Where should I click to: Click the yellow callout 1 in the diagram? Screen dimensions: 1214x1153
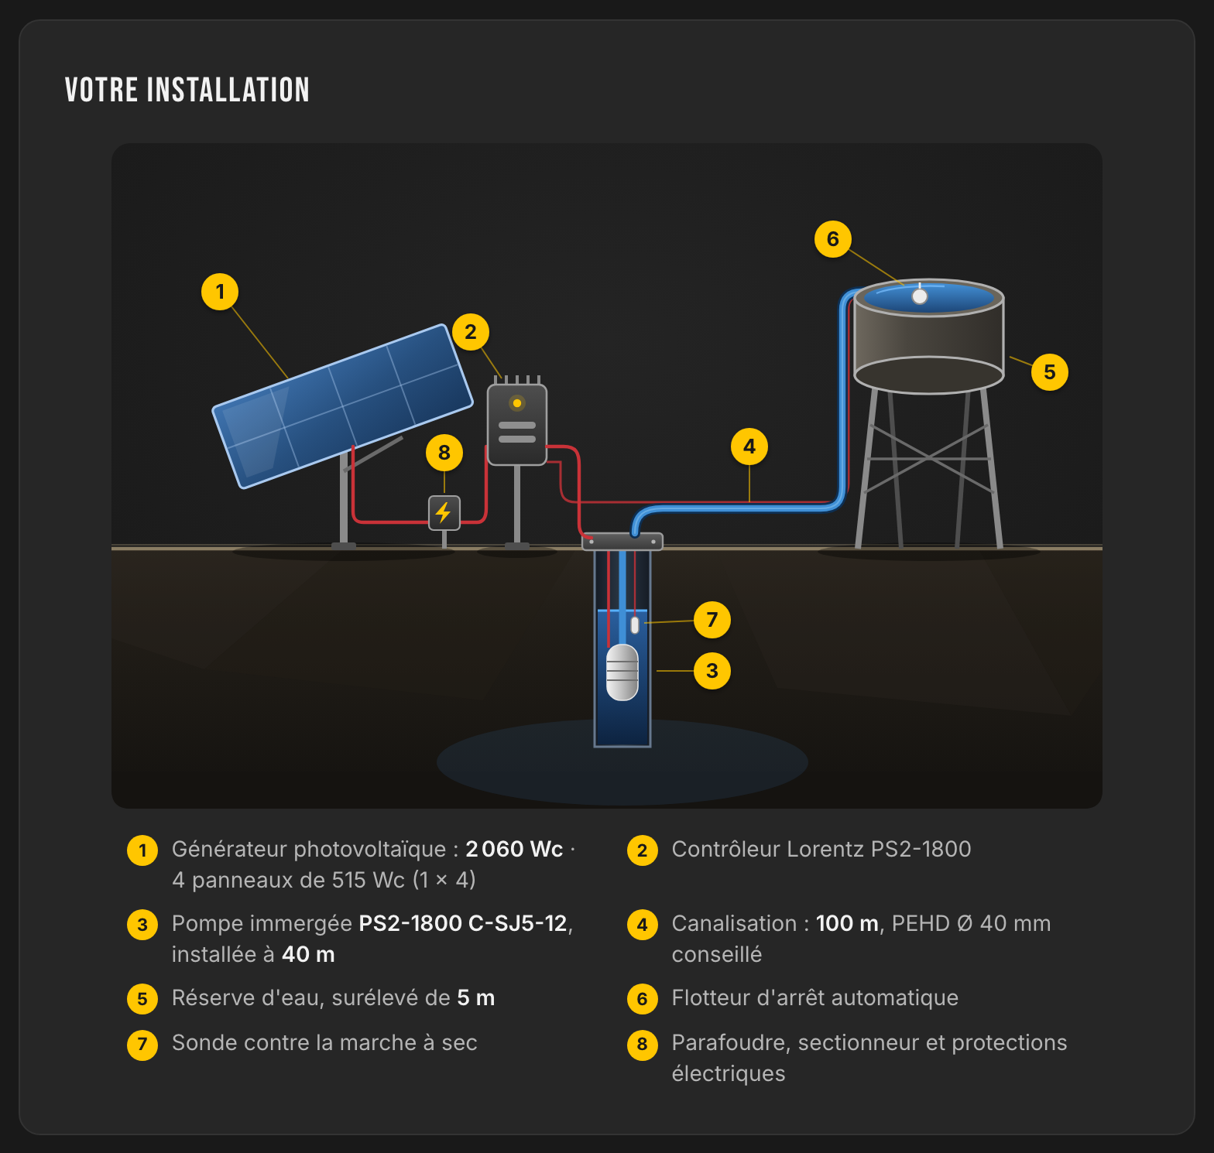(220, 292)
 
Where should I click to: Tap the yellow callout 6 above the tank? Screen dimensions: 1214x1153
(833, 239)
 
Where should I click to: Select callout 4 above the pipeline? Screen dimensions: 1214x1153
(749, 446)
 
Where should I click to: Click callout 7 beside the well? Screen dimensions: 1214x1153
(712, 620)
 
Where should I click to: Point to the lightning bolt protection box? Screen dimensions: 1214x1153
(444, 512)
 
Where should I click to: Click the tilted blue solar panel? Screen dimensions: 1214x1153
(342, 406)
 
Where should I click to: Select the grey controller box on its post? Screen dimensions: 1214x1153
(517, 425)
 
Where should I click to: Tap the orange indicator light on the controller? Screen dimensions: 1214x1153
(517, 403)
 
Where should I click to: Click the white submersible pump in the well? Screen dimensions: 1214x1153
(622, 672)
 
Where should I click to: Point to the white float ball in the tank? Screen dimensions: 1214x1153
(920, 296)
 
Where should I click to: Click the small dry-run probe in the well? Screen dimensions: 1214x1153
(635, 624)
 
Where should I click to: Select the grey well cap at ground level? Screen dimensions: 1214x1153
(622, 542)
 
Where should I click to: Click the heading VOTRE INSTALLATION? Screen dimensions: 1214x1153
(187, 90)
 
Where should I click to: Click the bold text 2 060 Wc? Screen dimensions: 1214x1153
(514, 849)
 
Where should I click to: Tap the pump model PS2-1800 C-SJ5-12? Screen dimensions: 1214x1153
(463, 923)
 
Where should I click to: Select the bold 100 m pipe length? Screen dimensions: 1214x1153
(847, 923)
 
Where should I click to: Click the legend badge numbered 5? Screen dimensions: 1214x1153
(142, 998)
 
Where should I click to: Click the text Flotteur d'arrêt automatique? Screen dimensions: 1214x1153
(815, 997)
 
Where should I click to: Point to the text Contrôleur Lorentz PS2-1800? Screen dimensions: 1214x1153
(821, 849)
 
